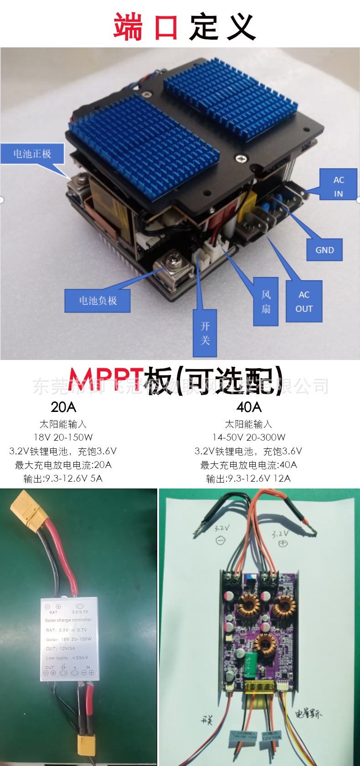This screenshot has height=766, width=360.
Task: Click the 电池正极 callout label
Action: coord(32,154)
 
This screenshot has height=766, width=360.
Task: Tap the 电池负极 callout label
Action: coord(98,301)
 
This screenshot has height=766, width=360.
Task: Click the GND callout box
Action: coord(324,250)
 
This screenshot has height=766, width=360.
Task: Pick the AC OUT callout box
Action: coord(304,301)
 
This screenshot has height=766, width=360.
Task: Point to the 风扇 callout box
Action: coord(266,301)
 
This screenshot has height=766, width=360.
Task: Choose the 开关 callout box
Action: coord(205,333)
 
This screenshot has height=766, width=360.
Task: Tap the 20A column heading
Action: coord(63,407)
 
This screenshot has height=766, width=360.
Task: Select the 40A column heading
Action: coord(249,407)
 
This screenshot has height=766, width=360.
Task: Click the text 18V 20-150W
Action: coord(63,437)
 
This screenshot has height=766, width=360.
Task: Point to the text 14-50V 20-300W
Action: coord(249,437)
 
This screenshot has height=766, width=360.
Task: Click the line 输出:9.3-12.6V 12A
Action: coord(248,478)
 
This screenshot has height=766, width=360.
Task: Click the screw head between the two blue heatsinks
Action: coord(240,159)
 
